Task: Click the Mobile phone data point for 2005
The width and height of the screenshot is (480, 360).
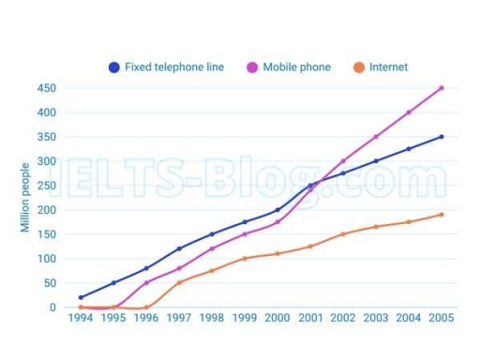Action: coord(442,88)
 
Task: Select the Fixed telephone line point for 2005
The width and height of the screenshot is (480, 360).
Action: coord(442,137)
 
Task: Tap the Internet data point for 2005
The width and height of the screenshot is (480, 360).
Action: coord(442,215)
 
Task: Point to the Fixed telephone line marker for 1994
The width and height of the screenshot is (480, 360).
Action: coord(81,297)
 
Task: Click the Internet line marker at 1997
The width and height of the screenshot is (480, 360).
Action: coord(179,282)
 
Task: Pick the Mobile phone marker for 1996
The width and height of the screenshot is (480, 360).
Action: coord(146,282)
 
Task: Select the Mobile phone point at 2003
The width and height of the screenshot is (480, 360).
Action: coord(376,137)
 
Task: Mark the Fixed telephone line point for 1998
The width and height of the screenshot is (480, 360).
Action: coord(212,234)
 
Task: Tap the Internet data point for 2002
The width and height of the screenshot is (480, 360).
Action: coord(343,234)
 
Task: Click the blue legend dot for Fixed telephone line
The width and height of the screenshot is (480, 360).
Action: coord(114,67)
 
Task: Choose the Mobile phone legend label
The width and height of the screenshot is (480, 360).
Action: coord(296,67)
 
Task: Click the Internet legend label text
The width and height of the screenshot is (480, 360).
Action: coord(389,67)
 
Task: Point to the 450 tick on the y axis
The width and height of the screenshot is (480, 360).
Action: coord(46,88)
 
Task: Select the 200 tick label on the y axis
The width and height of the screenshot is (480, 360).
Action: coord(46,210)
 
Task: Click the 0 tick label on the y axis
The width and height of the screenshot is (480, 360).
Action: coord(52,307)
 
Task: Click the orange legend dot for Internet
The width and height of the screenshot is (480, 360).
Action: coord(357,67)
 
